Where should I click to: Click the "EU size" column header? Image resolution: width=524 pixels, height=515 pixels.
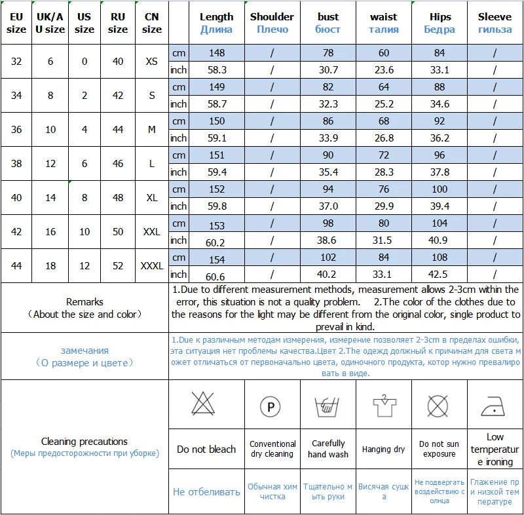[16, 22]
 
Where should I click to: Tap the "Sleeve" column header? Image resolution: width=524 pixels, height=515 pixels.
[495, 22]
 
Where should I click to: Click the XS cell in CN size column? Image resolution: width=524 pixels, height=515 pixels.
[152, 62]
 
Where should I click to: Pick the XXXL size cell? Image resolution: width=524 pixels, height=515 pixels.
[152, 266]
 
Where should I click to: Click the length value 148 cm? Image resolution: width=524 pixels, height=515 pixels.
[216, 53]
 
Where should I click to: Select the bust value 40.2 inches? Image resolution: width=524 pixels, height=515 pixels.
[327, 275]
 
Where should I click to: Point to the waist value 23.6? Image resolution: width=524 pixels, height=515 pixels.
[383, 70]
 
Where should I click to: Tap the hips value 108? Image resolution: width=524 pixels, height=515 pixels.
[439, 257]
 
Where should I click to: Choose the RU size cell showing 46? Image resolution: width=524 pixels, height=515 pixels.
[118, 164]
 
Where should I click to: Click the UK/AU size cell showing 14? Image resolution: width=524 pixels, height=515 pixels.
[50, 198]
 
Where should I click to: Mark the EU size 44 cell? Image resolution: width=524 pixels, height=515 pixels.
[16, 266]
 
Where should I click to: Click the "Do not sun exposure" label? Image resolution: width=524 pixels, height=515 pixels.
[439, 449]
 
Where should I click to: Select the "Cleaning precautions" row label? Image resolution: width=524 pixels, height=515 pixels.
[84, 442]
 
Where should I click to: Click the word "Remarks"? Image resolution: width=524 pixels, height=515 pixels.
[84, 302]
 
